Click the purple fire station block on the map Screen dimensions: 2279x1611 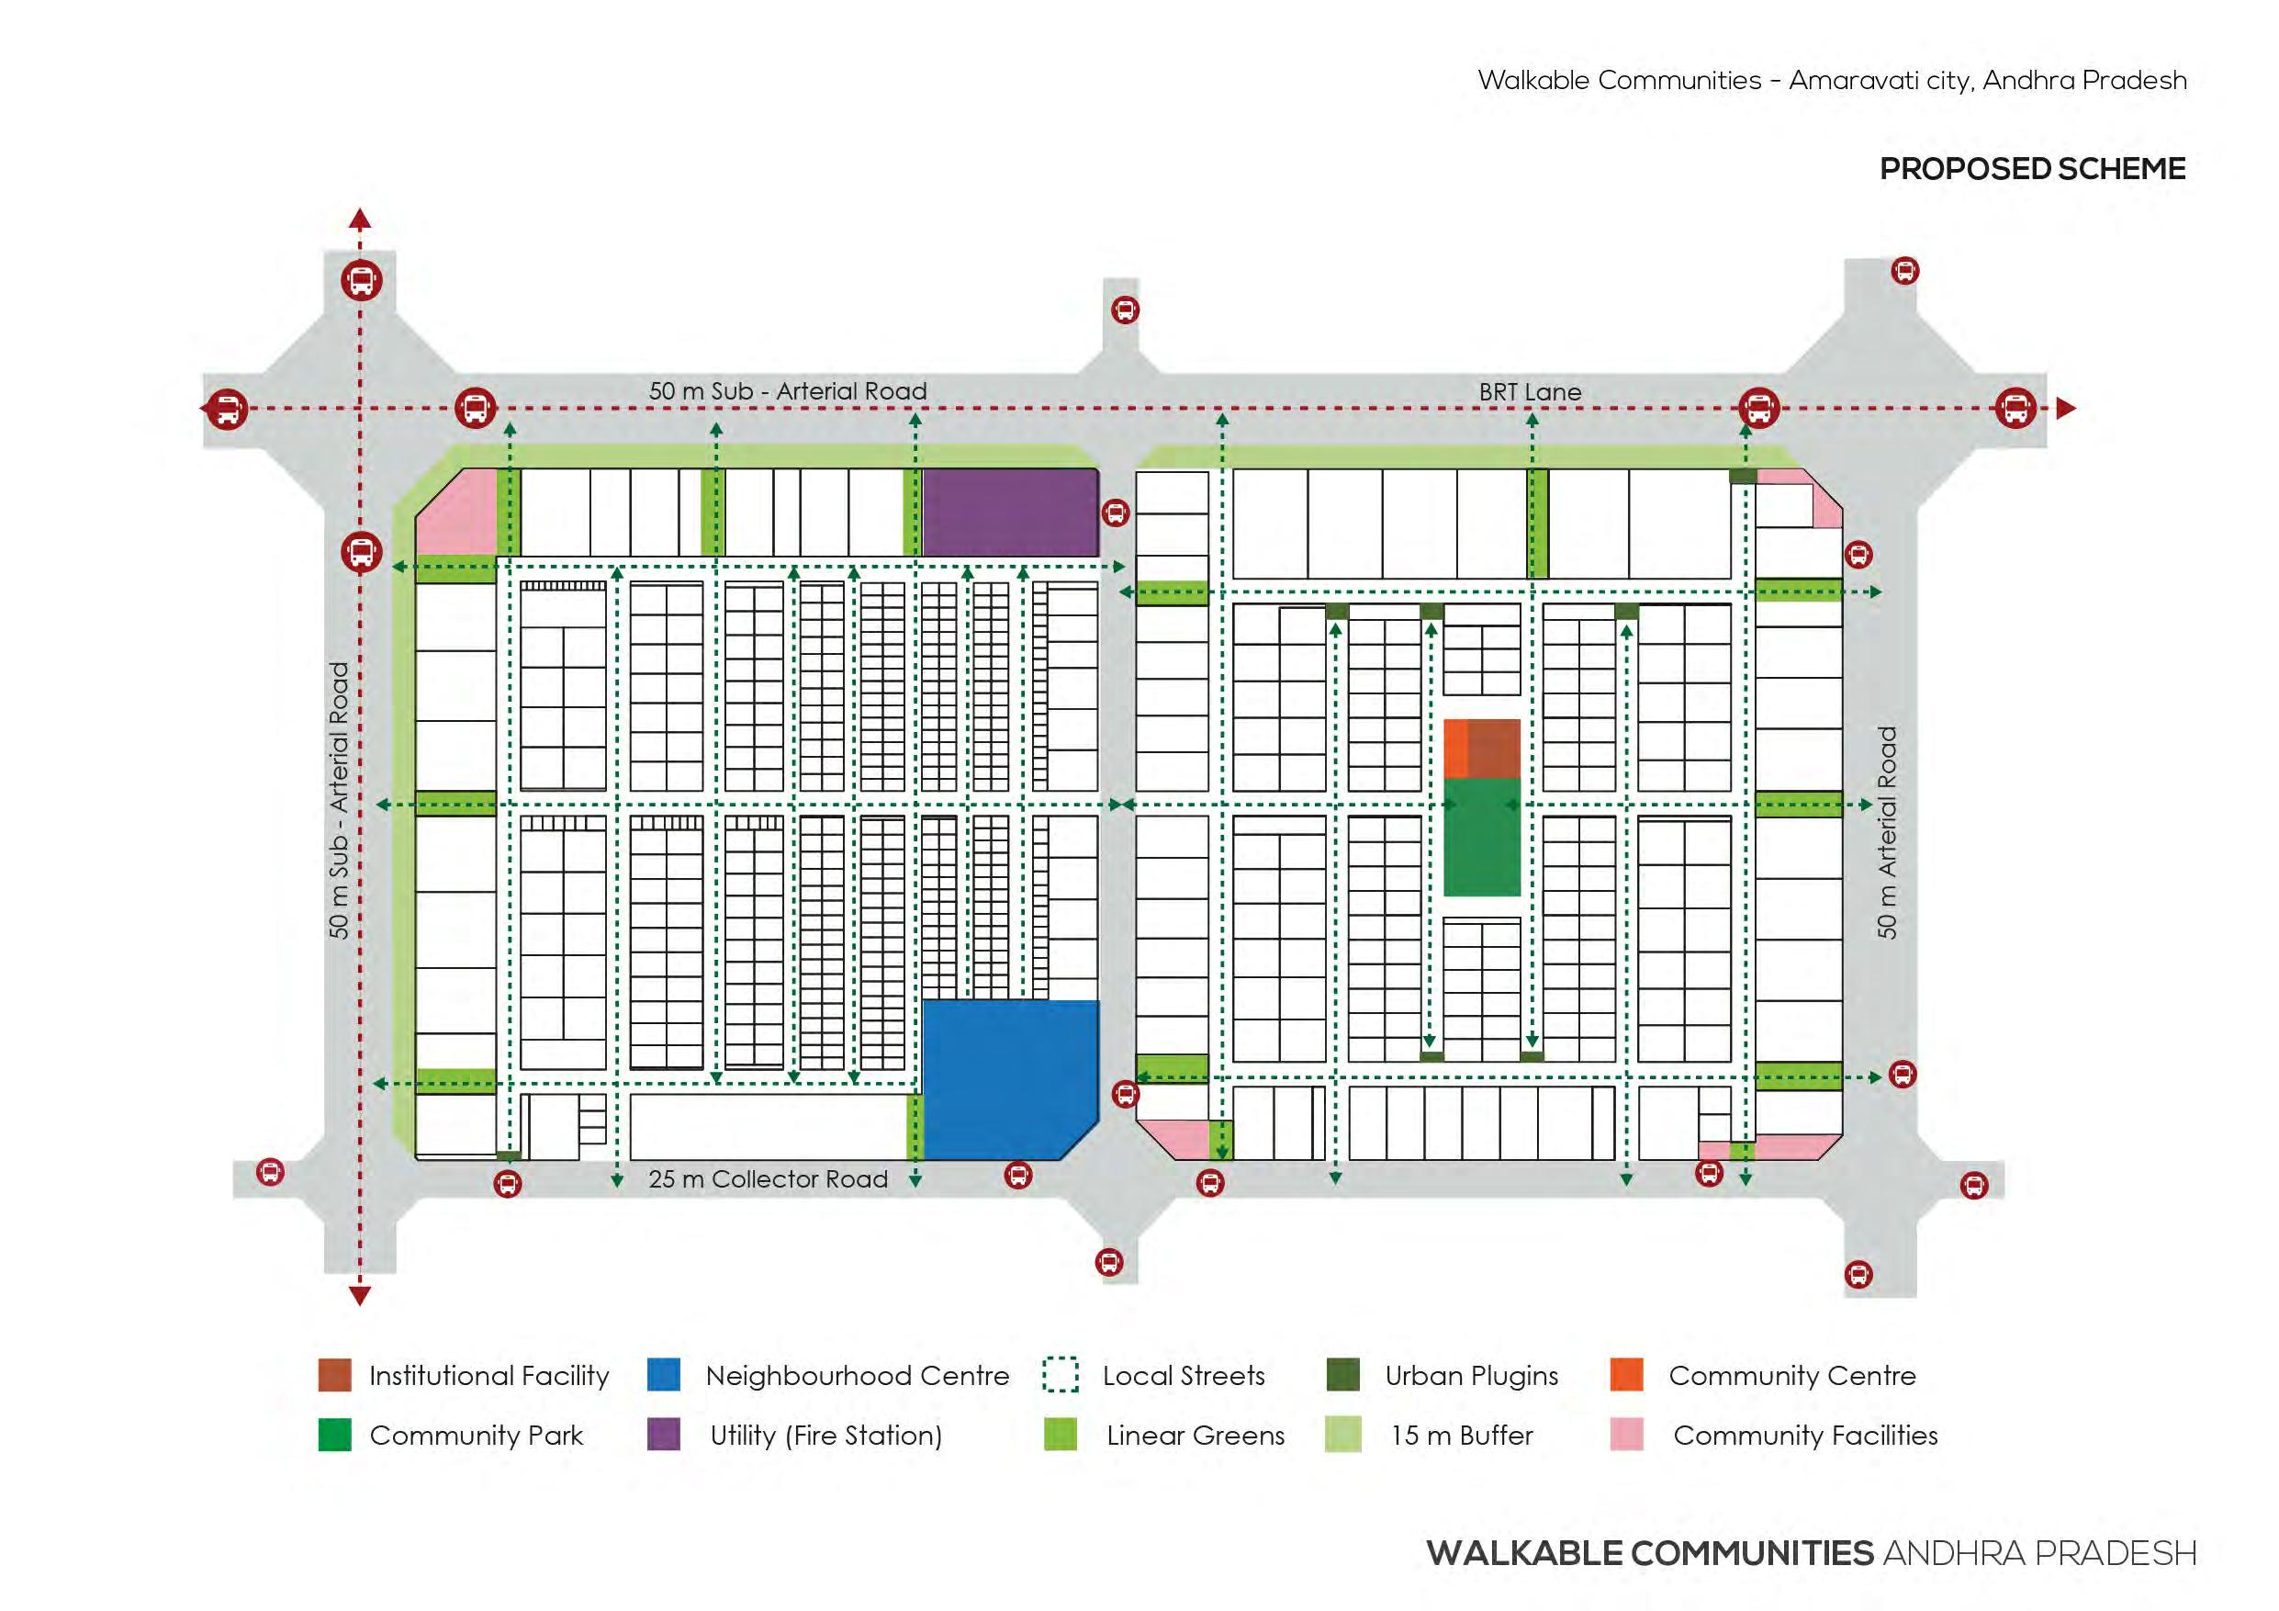tap(1009, 513)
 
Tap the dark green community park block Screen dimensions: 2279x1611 tap(1481, 836)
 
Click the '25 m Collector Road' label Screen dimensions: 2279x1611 tap(768, 1178)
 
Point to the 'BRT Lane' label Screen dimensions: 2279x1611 tap(1530, 392)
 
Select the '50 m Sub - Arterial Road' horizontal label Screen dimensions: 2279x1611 tap(787, 391)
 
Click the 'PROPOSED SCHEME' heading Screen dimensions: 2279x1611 tap(2032, 169)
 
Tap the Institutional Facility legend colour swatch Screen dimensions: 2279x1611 tap(334, 1375)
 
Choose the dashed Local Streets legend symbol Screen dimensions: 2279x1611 tap(1061, 1375)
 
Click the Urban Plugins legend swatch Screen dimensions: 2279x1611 tap(1342, 1375)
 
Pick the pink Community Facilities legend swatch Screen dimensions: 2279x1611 tap(1626, 1435)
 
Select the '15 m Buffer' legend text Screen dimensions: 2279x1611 tap(1461, 1436)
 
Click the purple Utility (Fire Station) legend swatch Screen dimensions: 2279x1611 tap(663, 1435)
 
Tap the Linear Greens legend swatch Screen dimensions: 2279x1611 tap(1061, 1435)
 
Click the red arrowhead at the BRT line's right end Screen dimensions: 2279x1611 tap(2066, 408)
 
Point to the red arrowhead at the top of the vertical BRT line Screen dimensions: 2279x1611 tap(360, 220)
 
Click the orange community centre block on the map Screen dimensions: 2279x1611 tap(1455, 749)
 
